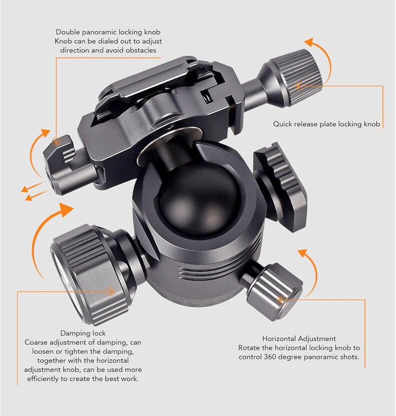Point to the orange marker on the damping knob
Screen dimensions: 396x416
click(110, 291)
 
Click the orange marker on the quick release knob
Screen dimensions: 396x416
click(299, 86)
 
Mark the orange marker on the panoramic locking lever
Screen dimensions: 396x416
click(55, 142)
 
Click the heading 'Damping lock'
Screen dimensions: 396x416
click(83, 333)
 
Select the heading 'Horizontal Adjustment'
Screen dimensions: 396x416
click(299, 338)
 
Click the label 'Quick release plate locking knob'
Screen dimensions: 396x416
click(327, 124)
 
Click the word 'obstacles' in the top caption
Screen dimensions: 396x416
click(141, 50)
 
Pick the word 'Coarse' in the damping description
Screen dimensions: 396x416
click(36, 342)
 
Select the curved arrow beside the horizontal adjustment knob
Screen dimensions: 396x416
click(314, 268)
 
